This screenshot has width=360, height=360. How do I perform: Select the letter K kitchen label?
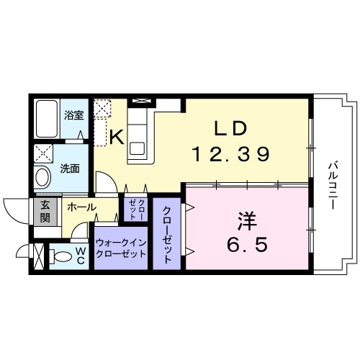point(116,134)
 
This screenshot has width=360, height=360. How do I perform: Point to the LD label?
point(230,128)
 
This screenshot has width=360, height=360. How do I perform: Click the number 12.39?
point(230,153)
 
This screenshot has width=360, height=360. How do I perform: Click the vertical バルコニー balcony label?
point(333,184)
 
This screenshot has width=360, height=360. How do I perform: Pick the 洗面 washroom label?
point(70,170)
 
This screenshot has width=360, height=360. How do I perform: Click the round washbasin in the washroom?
point(42,176)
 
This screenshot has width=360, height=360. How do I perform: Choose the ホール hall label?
point(81,207)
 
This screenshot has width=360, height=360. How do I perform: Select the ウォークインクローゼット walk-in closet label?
point(120,248)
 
